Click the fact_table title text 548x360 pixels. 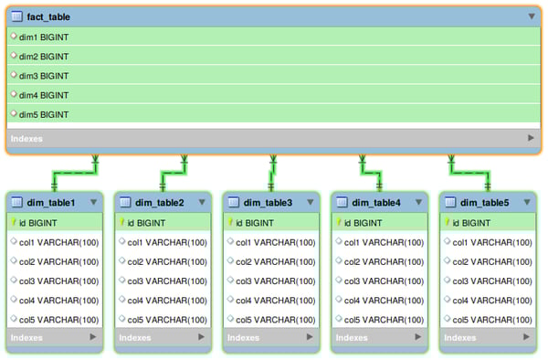(48, 16)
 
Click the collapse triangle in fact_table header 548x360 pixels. (532, 16)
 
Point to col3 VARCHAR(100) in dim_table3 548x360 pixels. (275, 281)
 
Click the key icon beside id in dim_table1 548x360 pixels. (15, 222)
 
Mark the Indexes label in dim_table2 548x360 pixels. (134, 337)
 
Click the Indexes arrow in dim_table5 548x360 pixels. (526, 337)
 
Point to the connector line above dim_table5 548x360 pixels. (469, 171)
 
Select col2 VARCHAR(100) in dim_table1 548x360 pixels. (58, 261)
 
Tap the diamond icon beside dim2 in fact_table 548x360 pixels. (14, 56)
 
